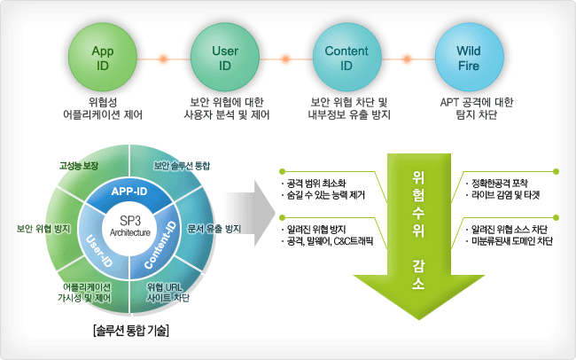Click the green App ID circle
tap(102, 57)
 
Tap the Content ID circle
tap(346, 57)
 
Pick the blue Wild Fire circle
tap(468, 57)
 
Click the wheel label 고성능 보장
tap(78, 166)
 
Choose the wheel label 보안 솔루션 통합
tap(183, 166)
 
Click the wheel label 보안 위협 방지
tap(43, 229)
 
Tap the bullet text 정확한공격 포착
tap(501, 182)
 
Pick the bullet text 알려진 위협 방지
tap(315, 230)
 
